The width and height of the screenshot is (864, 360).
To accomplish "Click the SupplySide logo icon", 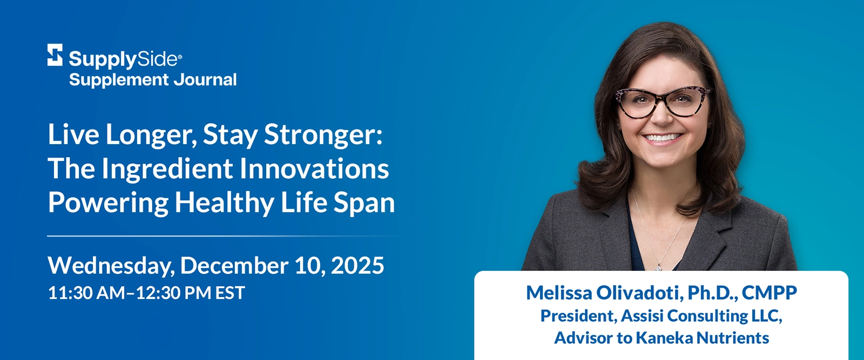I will tap(55, 55).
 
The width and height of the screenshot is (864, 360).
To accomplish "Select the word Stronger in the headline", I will tap(322, 135).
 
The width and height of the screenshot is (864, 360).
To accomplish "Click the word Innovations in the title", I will tap(314, 168).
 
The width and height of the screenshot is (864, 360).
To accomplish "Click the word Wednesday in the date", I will tap(110, 266).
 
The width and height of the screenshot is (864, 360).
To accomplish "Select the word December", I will tap(234, 266).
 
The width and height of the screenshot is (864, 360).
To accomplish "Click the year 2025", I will tap(357, 266).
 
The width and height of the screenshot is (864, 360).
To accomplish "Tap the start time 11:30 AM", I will tap(86, 293).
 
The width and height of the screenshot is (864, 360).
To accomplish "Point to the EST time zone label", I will tap(230, 293).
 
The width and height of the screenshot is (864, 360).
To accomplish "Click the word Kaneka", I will tap(664, 338).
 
